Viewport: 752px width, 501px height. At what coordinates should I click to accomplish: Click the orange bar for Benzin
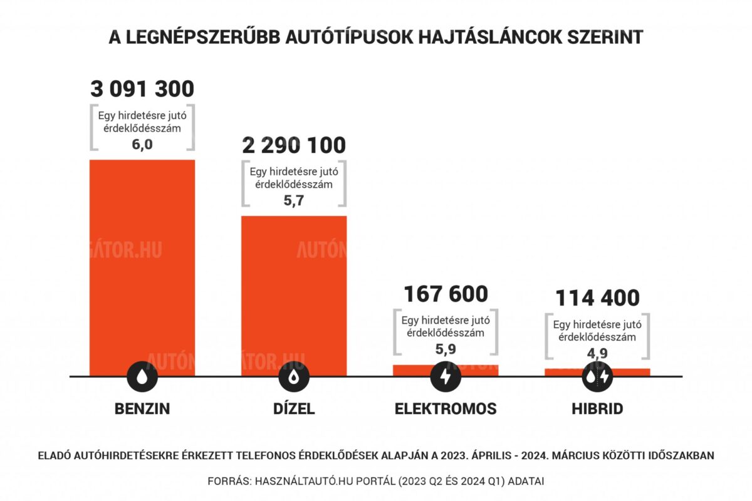click(142, 263)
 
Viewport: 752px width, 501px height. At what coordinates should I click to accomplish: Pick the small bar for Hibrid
click(597, 371)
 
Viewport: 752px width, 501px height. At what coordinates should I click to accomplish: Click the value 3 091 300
click(142, 89)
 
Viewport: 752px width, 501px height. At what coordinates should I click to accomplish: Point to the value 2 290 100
click(294, 145)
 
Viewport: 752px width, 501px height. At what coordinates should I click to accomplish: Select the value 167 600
click(446, 294)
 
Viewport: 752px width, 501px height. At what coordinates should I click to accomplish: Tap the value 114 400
click(597, 298)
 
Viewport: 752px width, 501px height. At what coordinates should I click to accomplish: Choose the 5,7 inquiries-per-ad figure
click(294, 200)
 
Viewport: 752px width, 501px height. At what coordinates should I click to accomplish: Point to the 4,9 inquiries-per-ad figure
click(597, 352)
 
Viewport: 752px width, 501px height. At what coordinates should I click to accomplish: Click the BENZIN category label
click(142, 409)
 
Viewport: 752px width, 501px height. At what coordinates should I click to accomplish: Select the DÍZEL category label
click(294, 409)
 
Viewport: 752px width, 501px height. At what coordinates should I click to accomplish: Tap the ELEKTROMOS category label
click(446, 409)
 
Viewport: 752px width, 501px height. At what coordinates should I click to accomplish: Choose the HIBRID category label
click(597, 409)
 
